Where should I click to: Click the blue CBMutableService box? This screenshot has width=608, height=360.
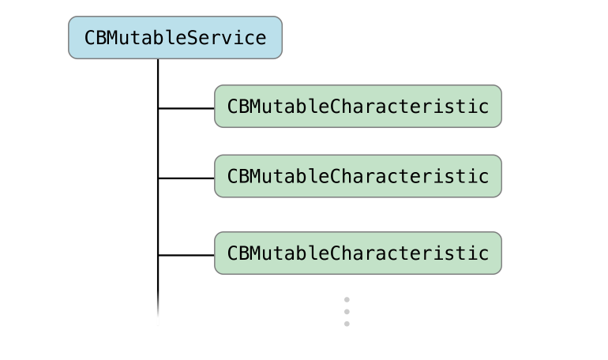[x=175, y=38]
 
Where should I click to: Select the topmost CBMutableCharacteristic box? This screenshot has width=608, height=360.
[x=358, y=106]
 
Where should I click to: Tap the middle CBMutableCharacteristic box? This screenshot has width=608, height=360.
[x=358, y=176]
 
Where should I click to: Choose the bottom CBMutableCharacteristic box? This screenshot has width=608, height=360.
[x=358, y=253]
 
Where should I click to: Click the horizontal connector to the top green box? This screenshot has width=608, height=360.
[x=186, y=107]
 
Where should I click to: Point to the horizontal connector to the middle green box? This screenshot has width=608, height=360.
[x=186, y=178]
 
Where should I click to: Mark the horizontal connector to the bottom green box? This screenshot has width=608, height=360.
[x=186, y=255]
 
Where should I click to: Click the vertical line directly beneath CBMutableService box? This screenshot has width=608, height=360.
[x=158, y=79]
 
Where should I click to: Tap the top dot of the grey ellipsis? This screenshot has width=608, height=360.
[x=347, y=300]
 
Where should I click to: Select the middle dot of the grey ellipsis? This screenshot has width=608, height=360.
[x=347, y=312]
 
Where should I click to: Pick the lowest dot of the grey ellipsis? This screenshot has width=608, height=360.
[x=347, y=324]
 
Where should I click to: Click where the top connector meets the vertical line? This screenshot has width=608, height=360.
[x=158, y=107]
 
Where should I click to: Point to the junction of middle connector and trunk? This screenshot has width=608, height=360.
[x=158, y=178]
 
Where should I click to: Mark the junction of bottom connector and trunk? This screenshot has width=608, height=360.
[x=158, y=255]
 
